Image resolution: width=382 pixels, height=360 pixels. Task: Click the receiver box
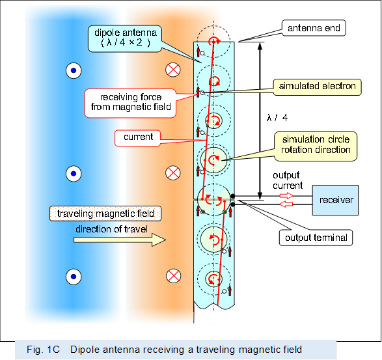pyautogui.click(x=336, y=199)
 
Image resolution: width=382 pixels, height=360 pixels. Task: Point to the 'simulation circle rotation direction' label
pyautogui.click(x=316, y=145)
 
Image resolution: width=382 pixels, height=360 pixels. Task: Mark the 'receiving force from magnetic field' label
pyautogui.click(x=128, y=102)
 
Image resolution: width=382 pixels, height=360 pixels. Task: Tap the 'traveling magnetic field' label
pyautogui.click(x=105, y=214)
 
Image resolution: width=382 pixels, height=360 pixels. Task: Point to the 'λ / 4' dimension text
pyautogui.click(x=277, y=118)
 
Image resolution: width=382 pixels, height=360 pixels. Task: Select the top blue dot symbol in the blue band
pyautogui.click(x=74, y=70)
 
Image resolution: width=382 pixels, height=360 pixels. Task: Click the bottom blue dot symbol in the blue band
pyautogui.click(x=74, y=275)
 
